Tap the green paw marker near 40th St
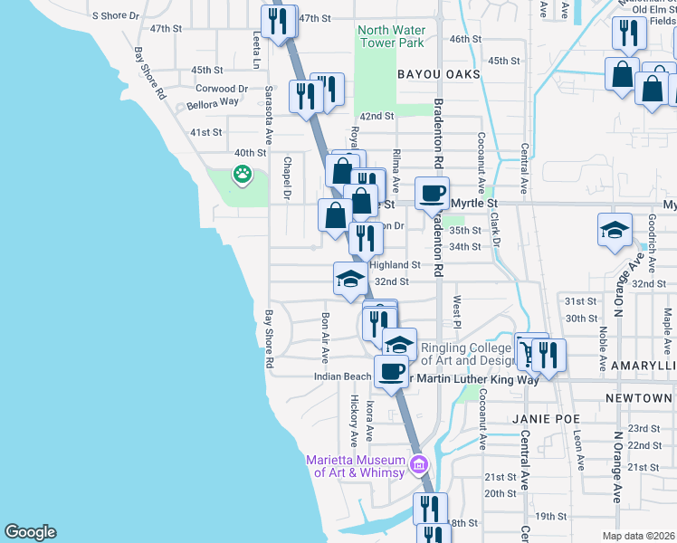[243, 174]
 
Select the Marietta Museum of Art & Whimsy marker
[418, 466]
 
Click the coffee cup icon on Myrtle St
[432, 192]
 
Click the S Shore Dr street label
[117, 15]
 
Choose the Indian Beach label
[343, 376]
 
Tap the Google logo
[30, 532]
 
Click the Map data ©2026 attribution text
[639, 536]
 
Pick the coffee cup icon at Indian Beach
[391, 370]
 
